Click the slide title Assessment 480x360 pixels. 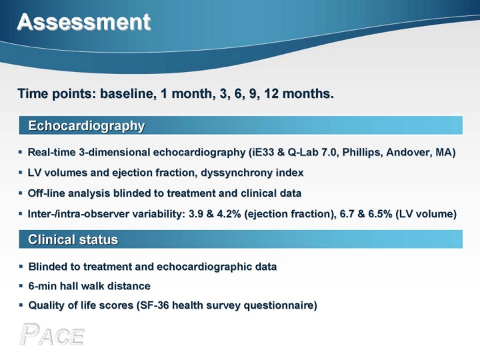(x=84, y=22)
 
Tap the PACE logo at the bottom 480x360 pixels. (x=52, y=334)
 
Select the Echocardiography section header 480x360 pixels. (x=86, y=126)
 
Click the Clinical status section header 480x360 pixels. (x=73, y=239)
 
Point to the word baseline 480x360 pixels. (x=127, y=93)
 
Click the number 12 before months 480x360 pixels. (x=271, y=93)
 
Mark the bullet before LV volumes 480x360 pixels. (x=21, y=173)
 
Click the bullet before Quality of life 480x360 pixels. (x=21, y=305)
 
